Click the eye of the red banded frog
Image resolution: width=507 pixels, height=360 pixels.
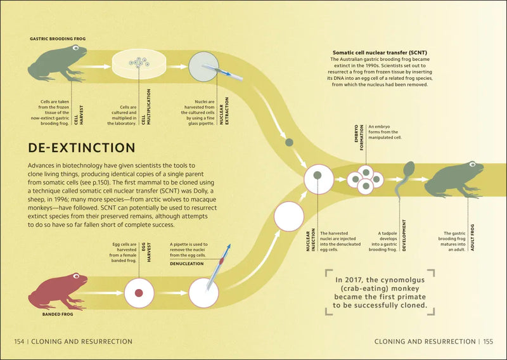point(76,276)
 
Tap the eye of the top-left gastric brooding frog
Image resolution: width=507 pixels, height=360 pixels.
point(75,48)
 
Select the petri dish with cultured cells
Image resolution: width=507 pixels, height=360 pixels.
point(139,64)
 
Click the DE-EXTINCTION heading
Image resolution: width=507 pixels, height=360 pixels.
point(82,148)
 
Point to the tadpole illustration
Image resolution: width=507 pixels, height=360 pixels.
point(404,180)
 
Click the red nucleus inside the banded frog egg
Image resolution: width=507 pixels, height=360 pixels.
point(139,293)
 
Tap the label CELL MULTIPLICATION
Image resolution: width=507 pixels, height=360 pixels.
point(146,107)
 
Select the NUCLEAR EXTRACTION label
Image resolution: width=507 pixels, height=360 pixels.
point(224,111)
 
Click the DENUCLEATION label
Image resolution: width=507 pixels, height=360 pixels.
point(187,264)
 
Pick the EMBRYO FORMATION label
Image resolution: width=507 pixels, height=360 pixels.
point(359,138)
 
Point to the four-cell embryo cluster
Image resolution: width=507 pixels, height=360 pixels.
point(366,180)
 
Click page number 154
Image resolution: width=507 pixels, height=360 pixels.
point(19,342)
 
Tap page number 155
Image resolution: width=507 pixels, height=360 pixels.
point(488,342)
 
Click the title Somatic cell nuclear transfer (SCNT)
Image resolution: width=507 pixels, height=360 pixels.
point(380,53)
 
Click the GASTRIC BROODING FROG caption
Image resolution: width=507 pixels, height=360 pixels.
point(58,39)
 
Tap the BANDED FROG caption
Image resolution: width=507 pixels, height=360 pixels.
point(58,314)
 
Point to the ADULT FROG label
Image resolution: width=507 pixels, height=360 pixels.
point(472,238)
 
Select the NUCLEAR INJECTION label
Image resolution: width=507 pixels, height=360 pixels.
point(311,240)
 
